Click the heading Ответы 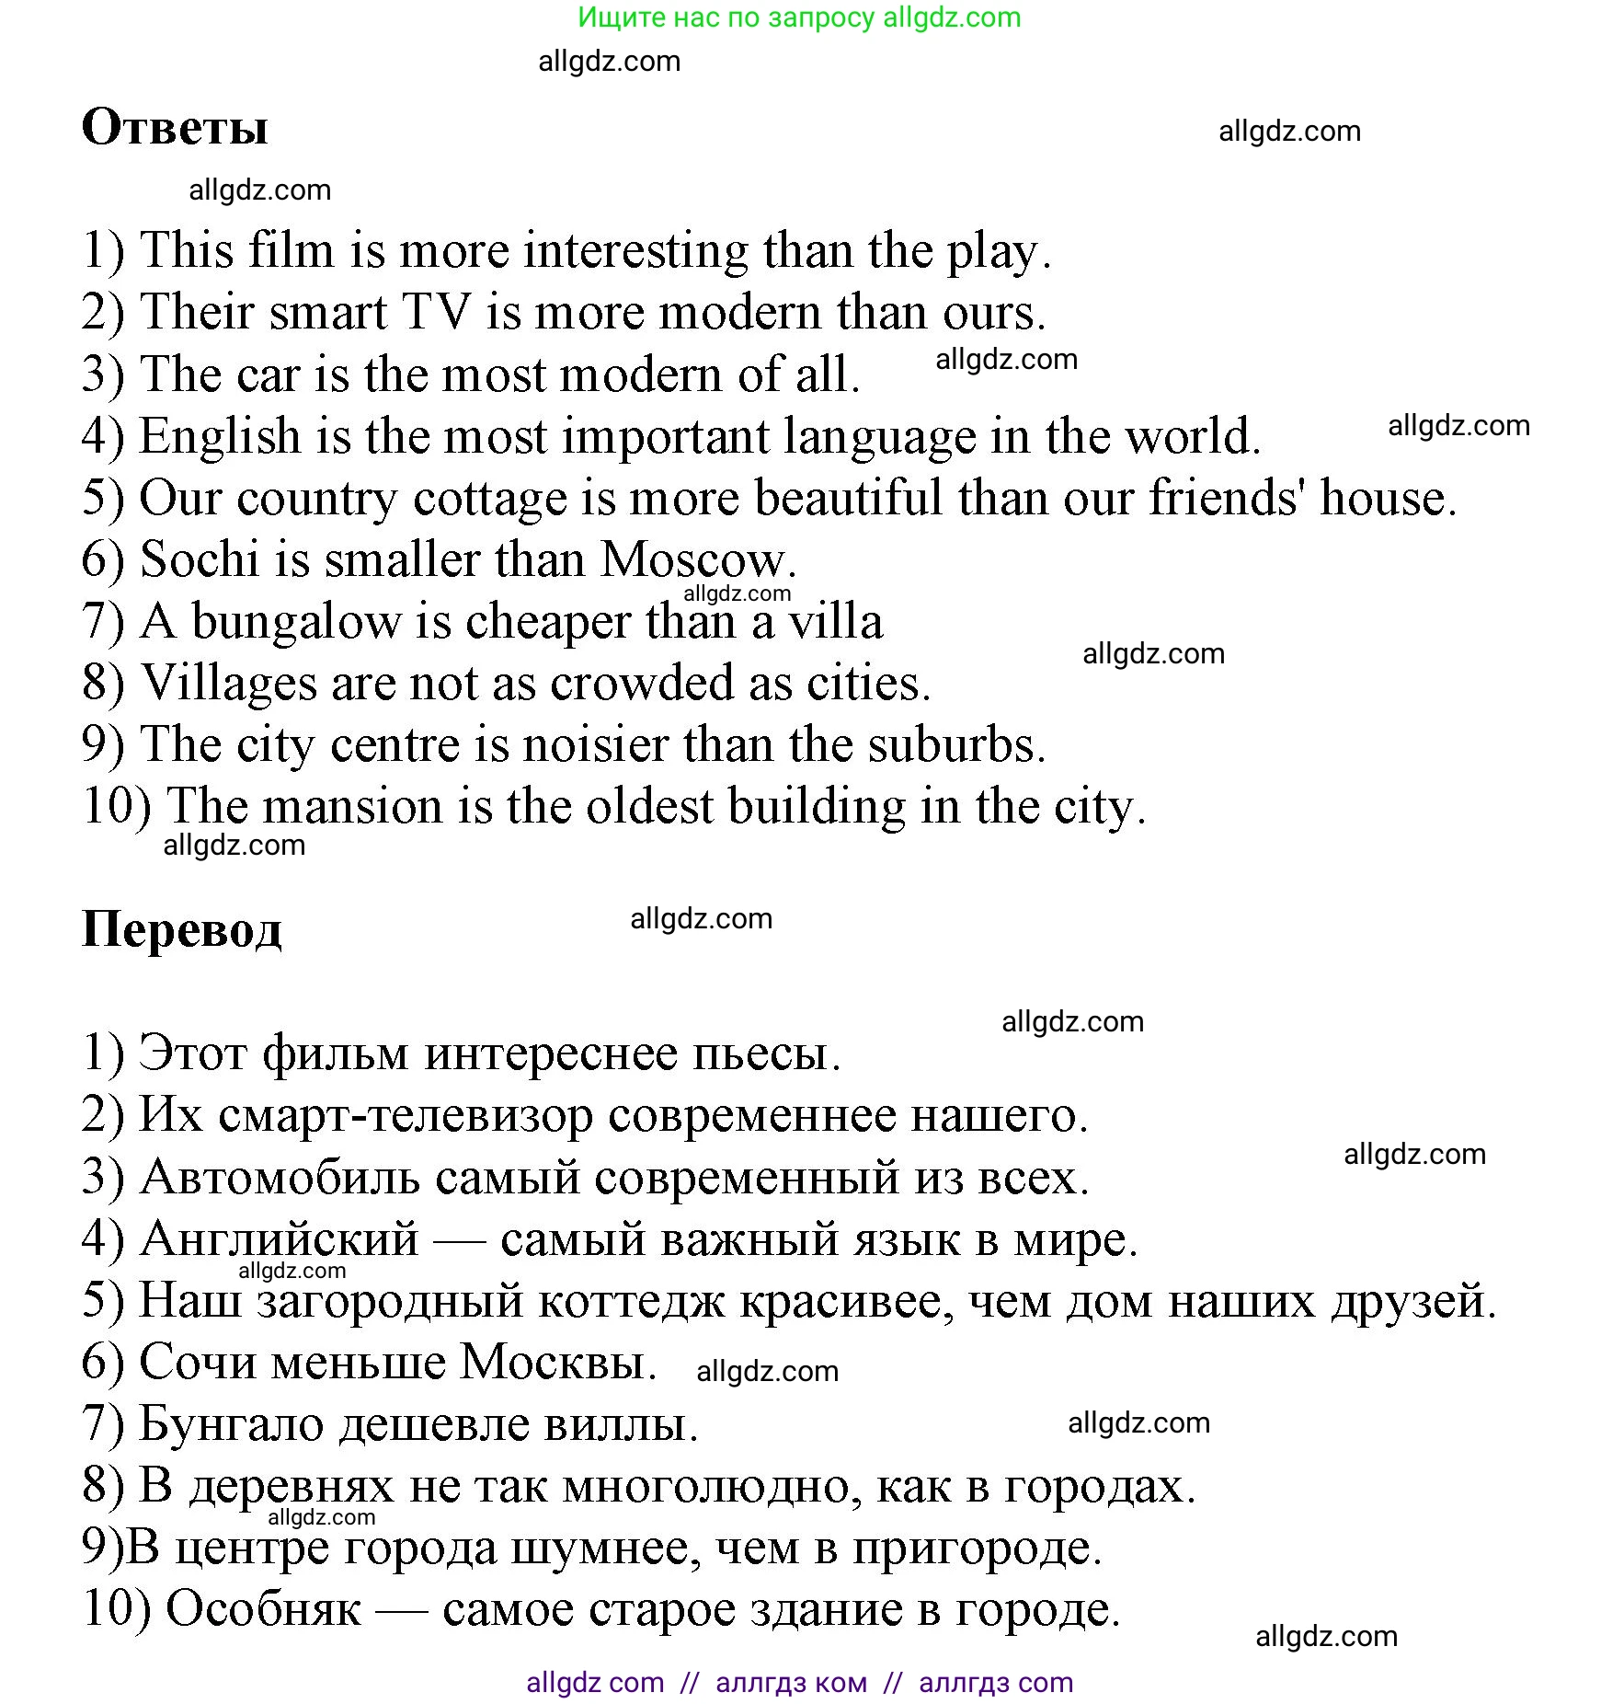pos(175,127)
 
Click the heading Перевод pos(181,929)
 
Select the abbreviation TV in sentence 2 pos(437,312)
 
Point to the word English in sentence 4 pos(220,436)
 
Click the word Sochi pos(200,559)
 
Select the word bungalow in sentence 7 pos(296,621)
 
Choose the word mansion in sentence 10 pos(354,807)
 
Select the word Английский pos(279,1239)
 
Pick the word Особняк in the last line pos(263,1609)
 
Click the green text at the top pos(799,17)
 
